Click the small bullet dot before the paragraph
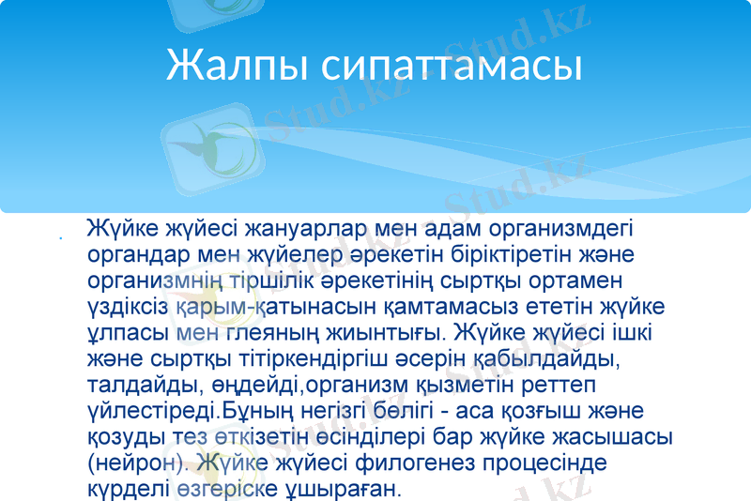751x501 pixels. point(60,238)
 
